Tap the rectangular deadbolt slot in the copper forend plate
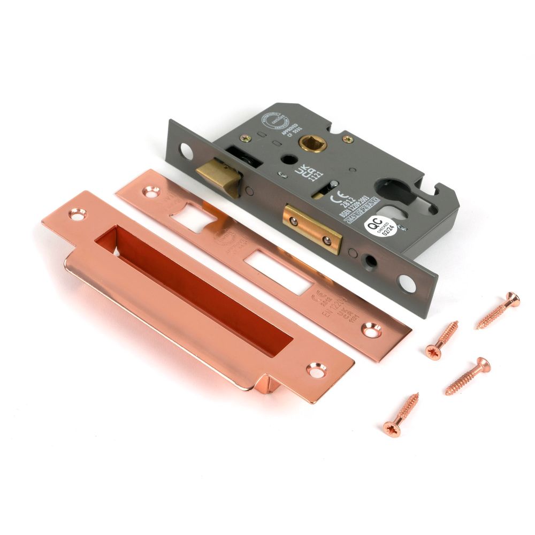pyautogui.click(x=275, y=270)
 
